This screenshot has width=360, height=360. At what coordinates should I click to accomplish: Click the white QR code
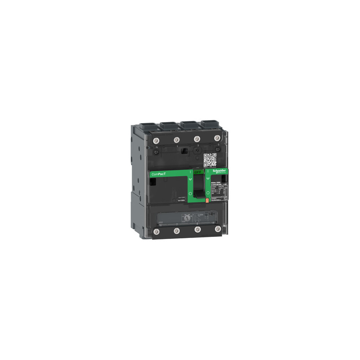coord(210,160)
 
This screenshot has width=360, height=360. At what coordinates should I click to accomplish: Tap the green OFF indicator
coord(198,172)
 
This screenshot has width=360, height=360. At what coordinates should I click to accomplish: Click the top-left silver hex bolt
coord(156,139)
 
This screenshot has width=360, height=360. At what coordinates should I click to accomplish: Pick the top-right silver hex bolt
coord(217,138)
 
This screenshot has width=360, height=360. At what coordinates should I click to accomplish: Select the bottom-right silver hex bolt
coord(217,228)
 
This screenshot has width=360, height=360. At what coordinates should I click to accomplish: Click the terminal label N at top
coord(157,147)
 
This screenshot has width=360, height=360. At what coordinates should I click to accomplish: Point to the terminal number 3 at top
coord(197,146)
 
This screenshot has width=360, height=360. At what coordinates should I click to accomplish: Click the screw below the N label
coord(156,152)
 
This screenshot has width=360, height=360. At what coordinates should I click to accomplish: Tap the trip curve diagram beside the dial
coord(199,218)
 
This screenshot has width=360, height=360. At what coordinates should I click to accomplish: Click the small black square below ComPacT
coord(153,183)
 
